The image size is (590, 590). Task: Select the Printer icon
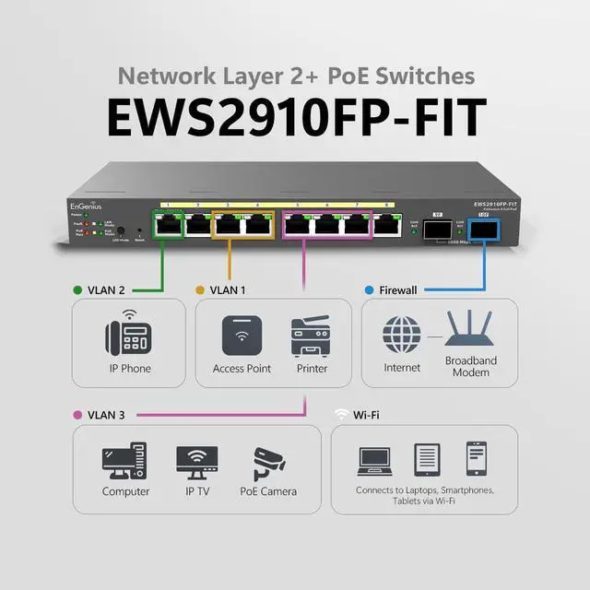coord(311,337)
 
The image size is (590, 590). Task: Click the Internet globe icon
coord(401,335)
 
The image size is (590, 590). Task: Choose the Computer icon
coord(125,462)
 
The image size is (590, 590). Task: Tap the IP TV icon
coord(196,462)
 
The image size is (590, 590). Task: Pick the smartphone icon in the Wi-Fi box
coord(477,459)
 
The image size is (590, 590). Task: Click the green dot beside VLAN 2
coord(77,289)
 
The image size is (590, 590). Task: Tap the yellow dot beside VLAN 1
coord(199,289)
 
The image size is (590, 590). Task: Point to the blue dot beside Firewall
coord(369,289)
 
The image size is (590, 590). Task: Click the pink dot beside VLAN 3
coord(77,416)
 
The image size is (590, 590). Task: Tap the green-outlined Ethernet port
coord(169,225)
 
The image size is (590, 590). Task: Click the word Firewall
coord(398,289)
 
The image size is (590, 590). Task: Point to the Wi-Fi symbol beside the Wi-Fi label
coord(341,415)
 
